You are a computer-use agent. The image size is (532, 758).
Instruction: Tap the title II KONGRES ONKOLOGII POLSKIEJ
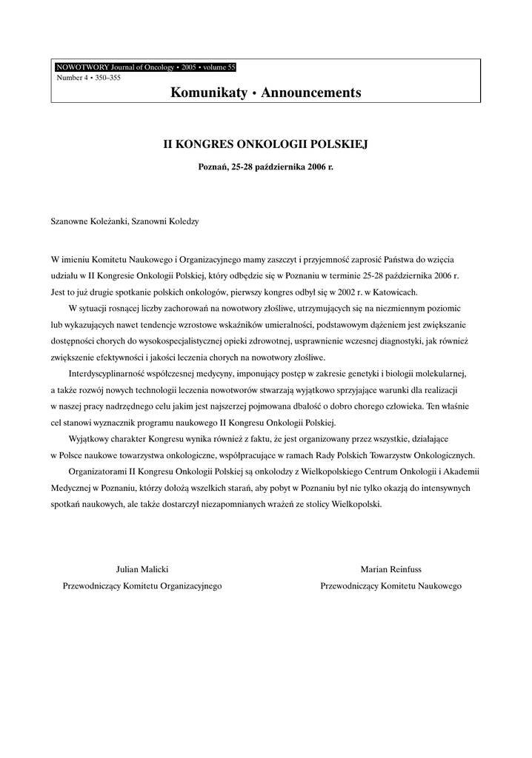265,143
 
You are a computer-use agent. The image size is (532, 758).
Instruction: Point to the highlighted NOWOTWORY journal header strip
145,67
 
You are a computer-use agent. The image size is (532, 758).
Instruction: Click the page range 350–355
105,77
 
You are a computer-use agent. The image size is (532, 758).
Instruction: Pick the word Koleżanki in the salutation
108,221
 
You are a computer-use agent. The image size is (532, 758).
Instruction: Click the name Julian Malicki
142,569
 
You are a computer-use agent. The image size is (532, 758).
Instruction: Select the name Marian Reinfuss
390,569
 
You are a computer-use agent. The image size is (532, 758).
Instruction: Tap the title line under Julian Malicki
142,586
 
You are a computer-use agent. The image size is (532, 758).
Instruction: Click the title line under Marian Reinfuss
390,586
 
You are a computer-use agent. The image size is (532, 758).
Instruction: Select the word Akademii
461,472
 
